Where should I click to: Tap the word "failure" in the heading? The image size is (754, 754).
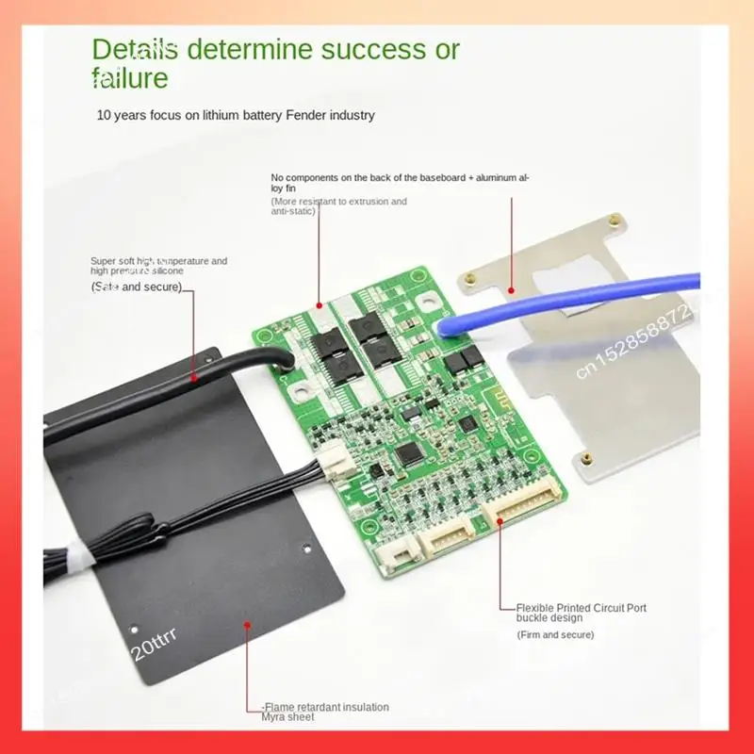[129, 77]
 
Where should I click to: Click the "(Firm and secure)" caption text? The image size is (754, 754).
[555, 635]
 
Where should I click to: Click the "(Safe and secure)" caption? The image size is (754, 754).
[136, 287]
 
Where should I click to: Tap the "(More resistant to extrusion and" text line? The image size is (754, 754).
[338, 202]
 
